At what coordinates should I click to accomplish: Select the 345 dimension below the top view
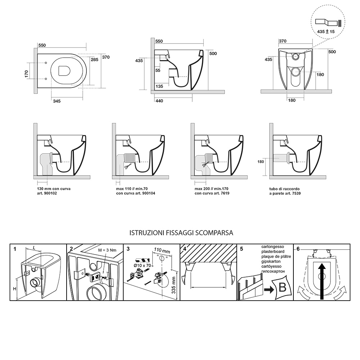pyautogui.click(x=57, y=101)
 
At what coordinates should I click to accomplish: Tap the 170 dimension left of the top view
pyautogui.click(x=26, y=73)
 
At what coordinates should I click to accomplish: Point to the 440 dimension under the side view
pyautogui.click(x=159, y=101)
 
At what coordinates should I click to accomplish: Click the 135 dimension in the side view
pyautogui.click(x=159, y=86)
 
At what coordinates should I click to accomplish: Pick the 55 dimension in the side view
pyautogui.click(x=158, y=71)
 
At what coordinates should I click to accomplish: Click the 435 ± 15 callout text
pyautogui.click(x=326, y=32)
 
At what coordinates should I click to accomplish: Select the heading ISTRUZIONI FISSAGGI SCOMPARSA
pyautogui.click(x=181, y=233)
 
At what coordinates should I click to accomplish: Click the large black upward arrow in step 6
pyautogui.click(x=322, y=279)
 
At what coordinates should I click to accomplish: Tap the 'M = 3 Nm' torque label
pyautogui.click(x=108, y=249)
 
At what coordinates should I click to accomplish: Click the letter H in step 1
pyautogui.click(x=14, y=289)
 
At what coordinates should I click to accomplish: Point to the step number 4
pyautogui.click(x=184, y=248)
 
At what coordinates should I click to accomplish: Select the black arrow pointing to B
pyautogui.click(x=269, y=289)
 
